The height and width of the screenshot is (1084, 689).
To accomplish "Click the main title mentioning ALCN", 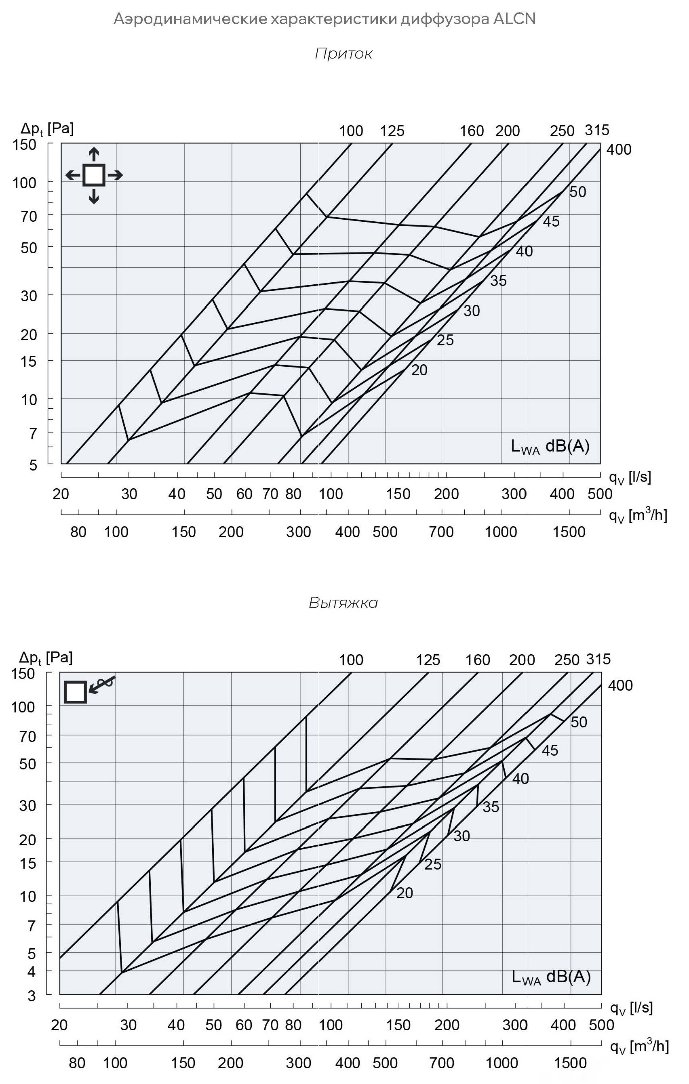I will (324, 19).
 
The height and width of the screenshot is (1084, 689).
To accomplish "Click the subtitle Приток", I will (343, 54).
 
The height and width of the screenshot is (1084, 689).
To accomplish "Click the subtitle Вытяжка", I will (343, 602).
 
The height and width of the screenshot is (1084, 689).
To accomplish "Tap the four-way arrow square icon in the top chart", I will (94, 175).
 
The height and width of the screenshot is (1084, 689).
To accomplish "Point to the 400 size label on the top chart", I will (619, 149).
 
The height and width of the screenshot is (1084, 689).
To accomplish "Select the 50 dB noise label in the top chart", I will (578, 192).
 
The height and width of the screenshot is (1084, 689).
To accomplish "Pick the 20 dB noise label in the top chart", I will (419, 370).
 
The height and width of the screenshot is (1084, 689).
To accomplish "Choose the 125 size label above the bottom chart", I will (428, 660).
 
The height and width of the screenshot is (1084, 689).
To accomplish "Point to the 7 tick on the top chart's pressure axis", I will (33, 434).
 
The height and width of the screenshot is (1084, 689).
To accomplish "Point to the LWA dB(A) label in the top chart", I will (550, 446).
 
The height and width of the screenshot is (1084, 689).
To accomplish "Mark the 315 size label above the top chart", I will (597, 130).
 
